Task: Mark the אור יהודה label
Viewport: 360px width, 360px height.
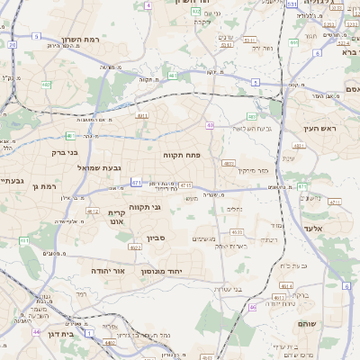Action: point(112,270)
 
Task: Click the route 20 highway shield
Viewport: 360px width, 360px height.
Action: point(12,43)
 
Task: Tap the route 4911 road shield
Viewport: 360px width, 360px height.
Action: point(142,116)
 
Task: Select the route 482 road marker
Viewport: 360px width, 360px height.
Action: point(45,85)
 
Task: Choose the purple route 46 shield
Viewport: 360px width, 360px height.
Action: point(253,307)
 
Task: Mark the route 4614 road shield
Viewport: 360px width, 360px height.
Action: point(285,285)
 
